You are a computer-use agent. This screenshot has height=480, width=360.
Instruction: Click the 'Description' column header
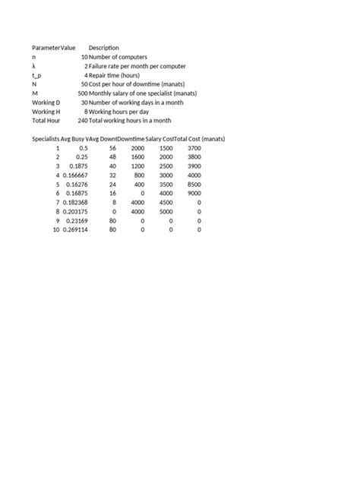click(x=104, y=48)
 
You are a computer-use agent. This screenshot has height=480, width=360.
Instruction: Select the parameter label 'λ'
click(x=34, y=66)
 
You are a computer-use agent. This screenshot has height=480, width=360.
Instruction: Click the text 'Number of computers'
click(x=118, y=57)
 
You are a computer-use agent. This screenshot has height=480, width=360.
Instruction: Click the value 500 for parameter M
click(x=82, y=93)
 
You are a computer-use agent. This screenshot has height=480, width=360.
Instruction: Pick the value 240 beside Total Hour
click(x=82, y=121)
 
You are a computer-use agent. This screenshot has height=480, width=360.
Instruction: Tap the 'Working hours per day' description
click(x=121, y=112)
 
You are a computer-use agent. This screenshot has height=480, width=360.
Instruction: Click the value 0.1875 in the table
click(x=77, y=166)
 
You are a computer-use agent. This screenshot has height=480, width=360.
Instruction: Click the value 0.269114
click(x=75, y=229)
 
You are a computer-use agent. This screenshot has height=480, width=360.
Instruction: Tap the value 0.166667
click(x=75, y=175)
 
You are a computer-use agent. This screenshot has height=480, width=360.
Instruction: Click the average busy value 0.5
click(x=83, y=148)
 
